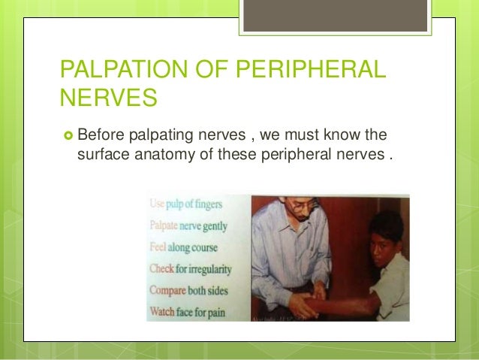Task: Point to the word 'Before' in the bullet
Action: pos(101,135)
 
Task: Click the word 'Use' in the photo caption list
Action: pos(158,204)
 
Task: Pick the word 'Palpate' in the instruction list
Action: pos(167,225)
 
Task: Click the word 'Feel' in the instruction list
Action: pos(159,246)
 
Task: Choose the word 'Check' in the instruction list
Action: pos(164,266)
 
